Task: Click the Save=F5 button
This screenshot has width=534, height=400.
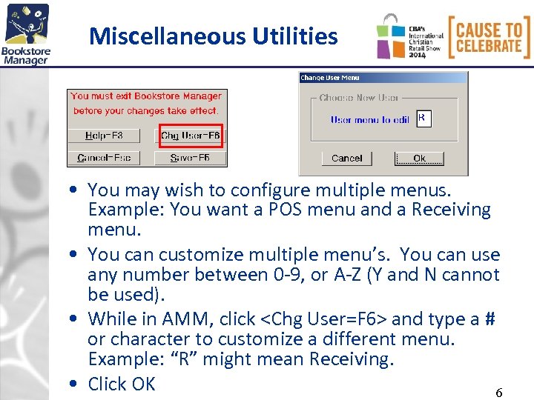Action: click(x=191, y=158)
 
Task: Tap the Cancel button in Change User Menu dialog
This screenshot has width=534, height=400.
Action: click(x=346, y=158)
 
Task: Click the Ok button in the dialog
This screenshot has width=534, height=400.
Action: click(x=419, y=158)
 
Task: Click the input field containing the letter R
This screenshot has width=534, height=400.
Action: click(x=423, y=119)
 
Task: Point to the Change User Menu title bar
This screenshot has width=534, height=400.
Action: click(x=383, y=77)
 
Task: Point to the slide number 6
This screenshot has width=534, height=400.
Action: click(x=498, y=393)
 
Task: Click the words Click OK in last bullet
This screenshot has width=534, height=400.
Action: click(x=122, y=384)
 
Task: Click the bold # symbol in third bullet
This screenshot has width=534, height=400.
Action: click(x=489, y=319)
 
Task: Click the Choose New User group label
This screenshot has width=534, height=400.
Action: click(x=359, y=98)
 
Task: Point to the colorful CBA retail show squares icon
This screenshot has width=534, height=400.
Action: click(x=390, y=36)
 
